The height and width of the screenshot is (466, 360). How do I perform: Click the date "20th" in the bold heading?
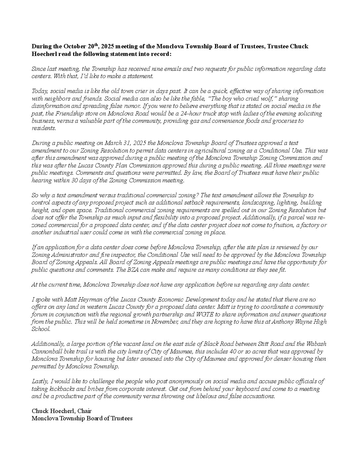point(104,46)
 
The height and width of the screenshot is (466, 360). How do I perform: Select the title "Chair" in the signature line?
point(85,411)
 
